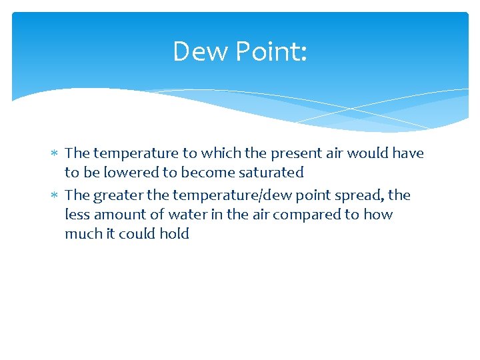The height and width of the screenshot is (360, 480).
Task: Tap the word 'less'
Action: tap(77, 215)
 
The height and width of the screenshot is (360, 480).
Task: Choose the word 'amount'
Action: tap(118, 215)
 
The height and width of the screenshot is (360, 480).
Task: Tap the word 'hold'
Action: tap(175, 234)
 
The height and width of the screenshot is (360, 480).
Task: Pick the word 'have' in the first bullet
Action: tap(408, 153)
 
